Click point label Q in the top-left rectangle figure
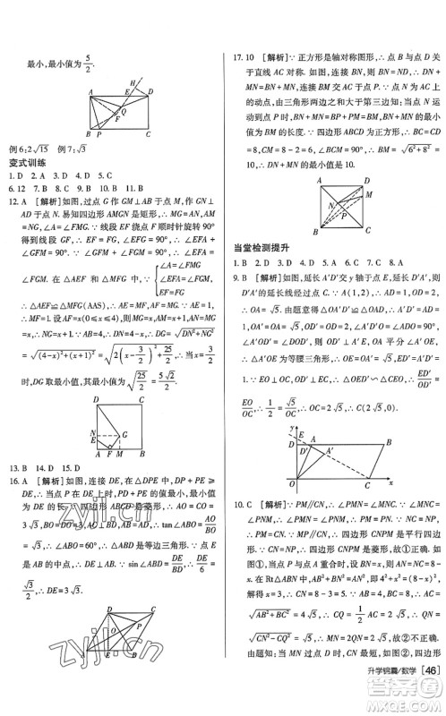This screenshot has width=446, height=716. pyautogui.click(x=122, y=112)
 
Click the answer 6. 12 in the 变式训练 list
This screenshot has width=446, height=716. pyautogui.click(x=16, y=189)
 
